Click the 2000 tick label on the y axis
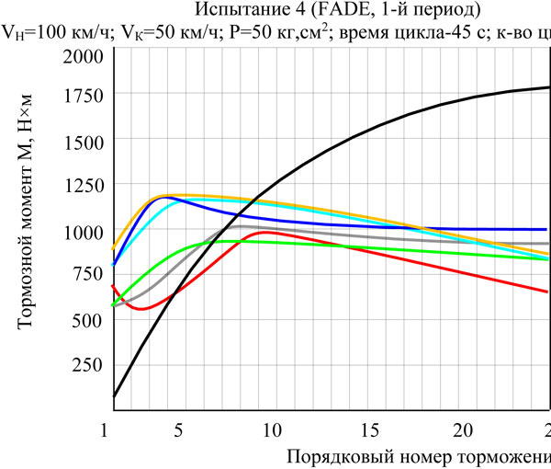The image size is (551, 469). pos(82,56)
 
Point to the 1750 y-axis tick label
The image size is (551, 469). pos(82,96)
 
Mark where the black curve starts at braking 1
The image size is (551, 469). pos(114,396)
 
